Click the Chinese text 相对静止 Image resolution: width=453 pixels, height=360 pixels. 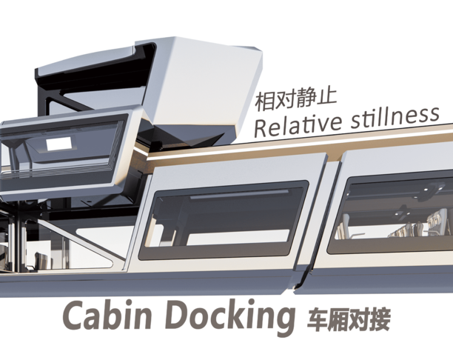(x=297, y=99)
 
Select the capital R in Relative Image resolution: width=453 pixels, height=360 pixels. (x=261, y=126)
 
